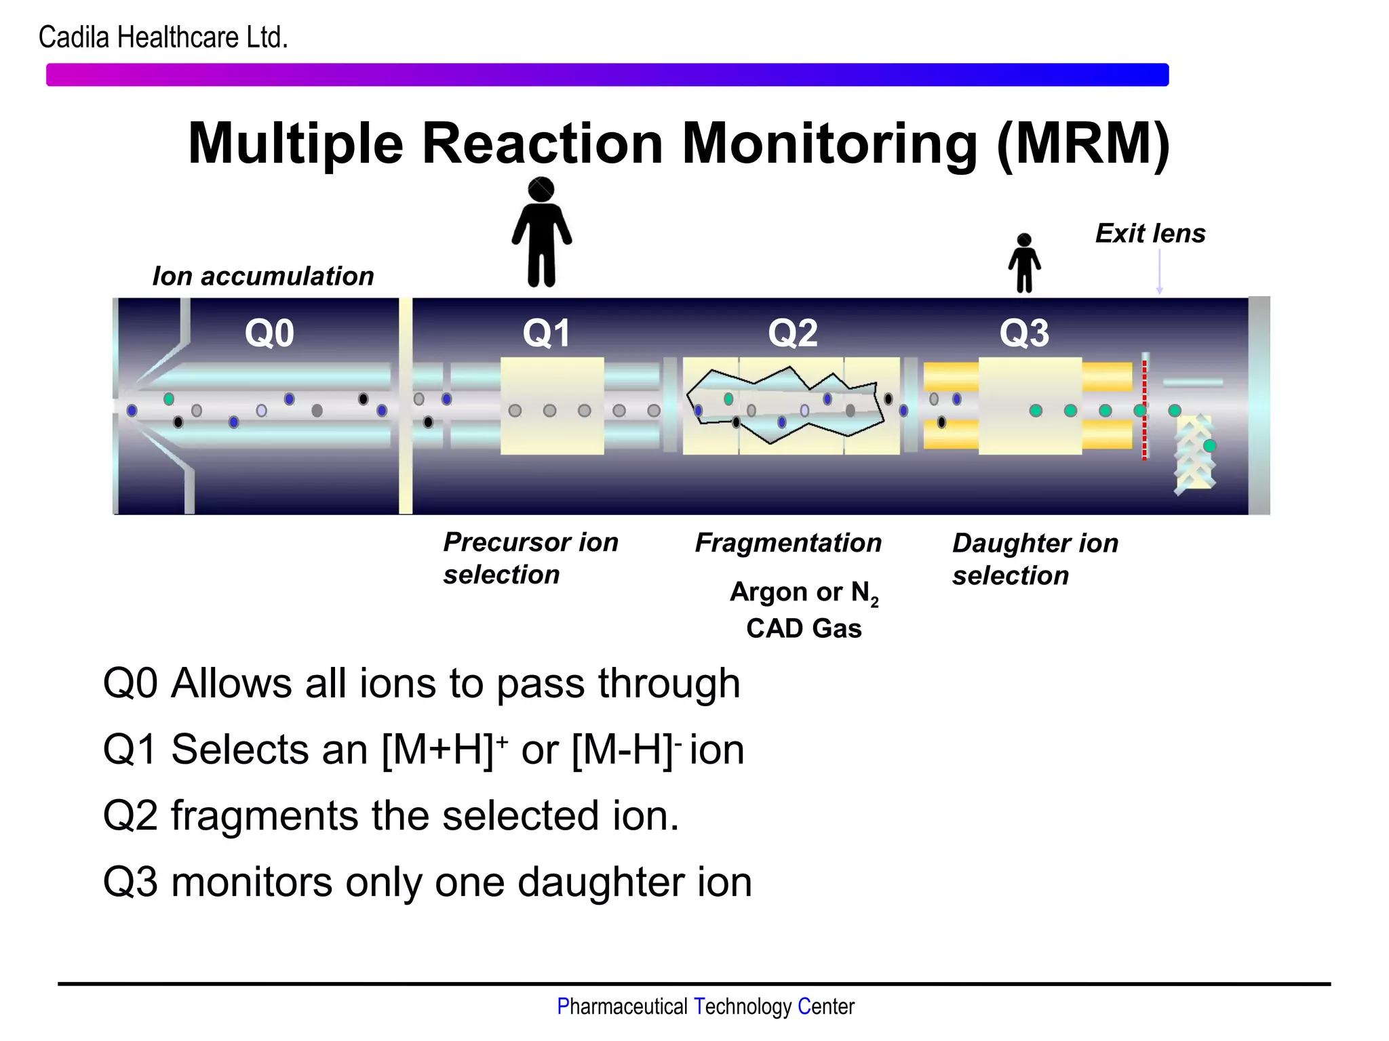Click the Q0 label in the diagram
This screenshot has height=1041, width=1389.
click(x=269, y=333)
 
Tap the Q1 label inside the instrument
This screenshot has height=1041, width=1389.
click(x=546, y=333)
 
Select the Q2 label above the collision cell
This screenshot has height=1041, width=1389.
click(x=792, y=333)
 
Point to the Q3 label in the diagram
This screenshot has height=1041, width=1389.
click(x=1024, y=333)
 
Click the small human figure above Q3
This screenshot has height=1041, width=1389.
click(x=1024, y=263)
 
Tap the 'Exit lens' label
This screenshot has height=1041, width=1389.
click(x=1150, y=233)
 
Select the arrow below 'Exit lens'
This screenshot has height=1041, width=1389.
click(x=1159, y=271)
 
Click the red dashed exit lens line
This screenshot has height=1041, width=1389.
click(x=1144, y=410)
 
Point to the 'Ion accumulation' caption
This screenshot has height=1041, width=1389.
click(x=263, y=276)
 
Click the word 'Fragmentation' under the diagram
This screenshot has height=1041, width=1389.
click(x=788, y=543)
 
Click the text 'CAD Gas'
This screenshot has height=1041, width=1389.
click(x=804, y=628)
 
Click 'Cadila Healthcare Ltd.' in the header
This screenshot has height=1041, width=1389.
click(x=163, y=37)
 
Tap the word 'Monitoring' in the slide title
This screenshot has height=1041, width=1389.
click(x=829, y=144)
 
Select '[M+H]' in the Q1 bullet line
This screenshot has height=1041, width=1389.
click(x=438, y=750)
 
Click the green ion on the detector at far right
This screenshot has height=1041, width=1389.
click(x=1209, y=445)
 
